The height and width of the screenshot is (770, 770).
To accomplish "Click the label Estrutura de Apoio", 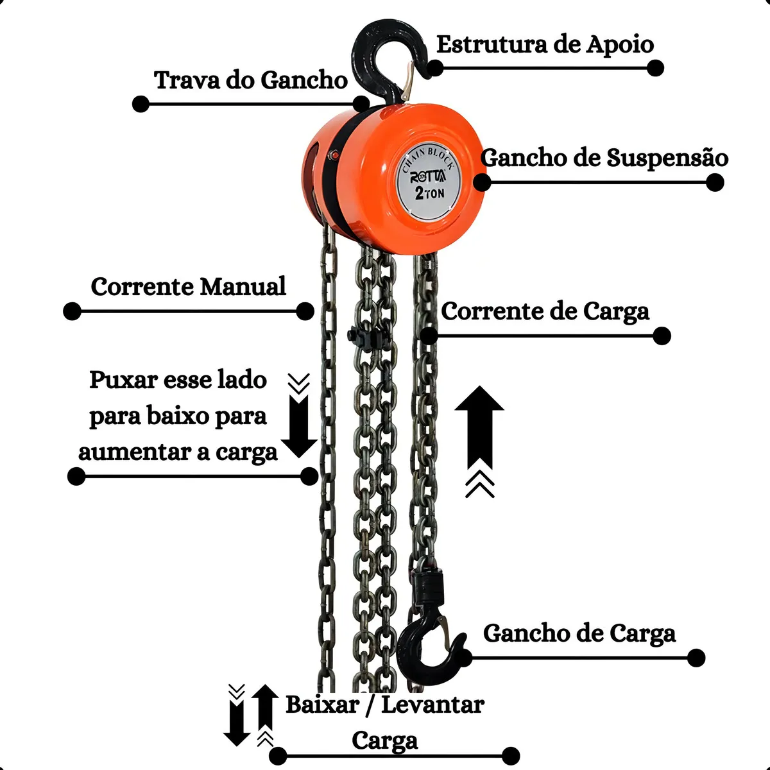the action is [545, 45].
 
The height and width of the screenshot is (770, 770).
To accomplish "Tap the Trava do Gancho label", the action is [251, 80].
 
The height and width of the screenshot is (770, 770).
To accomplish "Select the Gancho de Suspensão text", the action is [604, 158].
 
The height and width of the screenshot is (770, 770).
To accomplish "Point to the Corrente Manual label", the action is [188, 286].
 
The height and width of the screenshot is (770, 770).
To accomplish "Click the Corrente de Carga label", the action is [545, 312].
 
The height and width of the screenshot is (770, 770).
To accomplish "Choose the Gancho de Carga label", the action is [579, 633].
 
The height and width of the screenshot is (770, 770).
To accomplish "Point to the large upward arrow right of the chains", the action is [479, 427].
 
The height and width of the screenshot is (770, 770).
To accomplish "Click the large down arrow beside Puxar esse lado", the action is [299, 426].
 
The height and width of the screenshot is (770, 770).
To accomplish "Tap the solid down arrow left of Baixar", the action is [237, 725].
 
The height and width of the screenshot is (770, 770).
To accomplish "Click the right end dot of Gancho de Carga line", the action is [696, 658].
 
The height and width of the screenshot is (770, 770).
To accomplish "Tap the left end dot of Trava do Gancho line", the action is [141, 104].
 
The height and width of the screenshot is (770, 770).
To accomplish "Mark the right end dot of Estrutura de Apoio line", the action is [655, 68].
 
